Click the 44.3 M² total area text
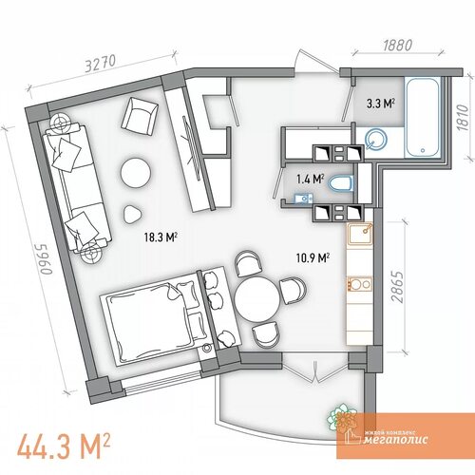[64, 446]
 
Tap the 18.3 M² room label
[161, 237]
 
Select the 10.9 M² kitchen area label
[313, 257]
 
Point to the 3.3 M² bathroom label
[381, 104]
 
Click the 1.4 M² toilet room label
[310, 180]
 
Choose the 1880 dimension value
[398, 46]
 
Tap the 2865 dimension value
[397, 287]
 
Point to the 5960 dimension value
[46, 259]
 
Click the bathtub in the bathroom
[423, 118]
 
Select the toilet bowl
[341, 184]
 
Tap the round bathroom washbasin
[376, 139]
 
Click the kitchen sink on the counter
[360, 234]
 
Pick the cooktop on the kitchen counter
[360, 284]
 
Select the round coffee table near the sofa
[136, 173]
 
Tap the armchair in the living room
[140, 117]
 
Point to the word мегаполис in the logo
[395, 440]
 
